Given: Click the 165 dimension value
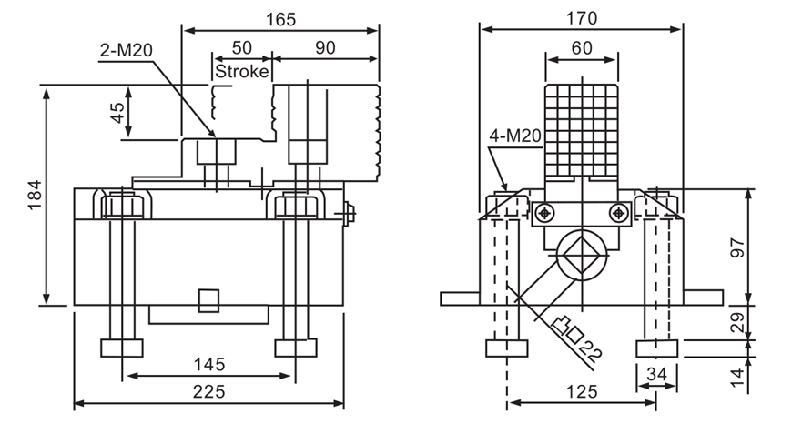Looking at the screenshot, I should click(280, 17).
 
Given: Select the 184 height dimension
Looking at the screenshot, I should click(34, 196).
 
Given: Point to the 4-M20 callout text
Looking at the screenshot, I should click(515, 137).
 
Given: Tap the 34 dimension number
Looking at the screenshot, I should click(657, 373).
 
